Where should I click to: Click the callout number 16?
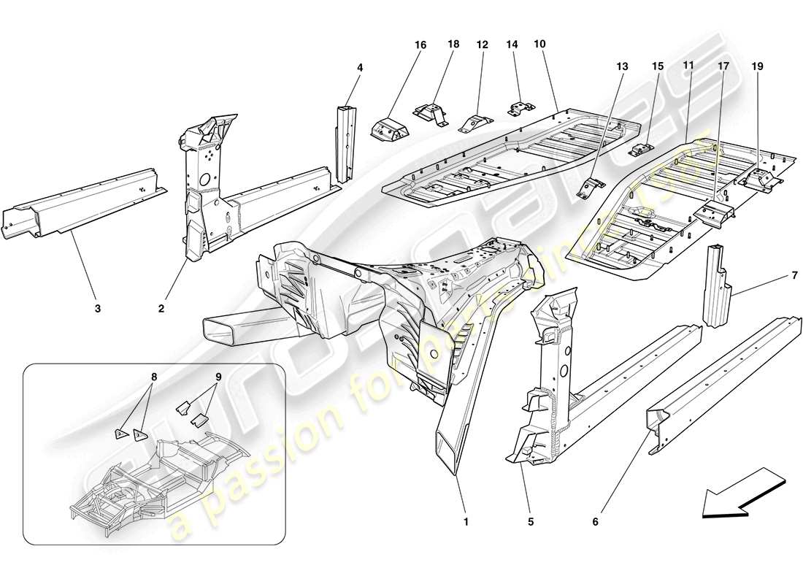click(x=420, y=45)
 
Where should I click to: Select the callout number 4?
click(x=359, y=67)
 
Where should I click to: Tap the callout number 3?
click(x=97, y=308)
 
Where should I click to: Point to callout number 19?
click(x=757, y=66)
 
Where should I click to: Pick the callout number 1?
click(x=465, y=521)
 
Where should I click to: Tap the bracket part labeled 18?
click(x=430, y=113)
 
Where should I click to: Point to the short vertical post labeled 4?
click(x=344, y=140)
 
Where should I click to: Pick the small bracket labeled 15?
click(x=639, y=150)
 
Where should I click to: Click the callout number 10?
click(x=539, y=45)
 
